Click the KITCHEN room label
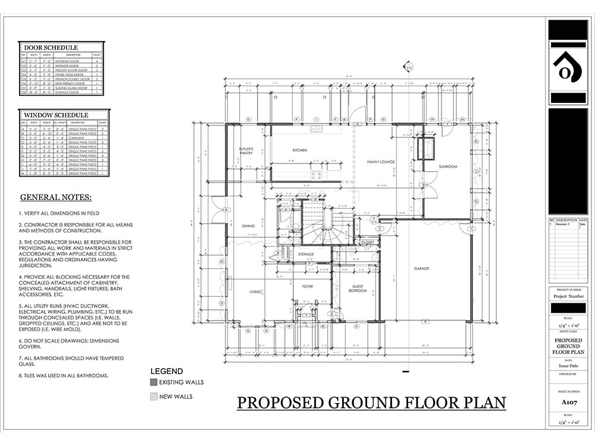(300, 150)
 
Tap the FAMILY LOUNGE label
(381, 162)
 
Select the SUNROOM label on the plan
(448, 167)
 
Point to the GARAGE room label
(422, 268)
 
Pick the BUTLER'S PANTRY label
(246, 150)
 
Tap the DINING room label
(248, 225)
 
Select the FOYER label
(307, 286)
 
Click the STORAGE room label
(306, 254)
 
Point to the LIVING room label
(255, 291)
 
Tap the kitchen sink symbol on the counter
(316, 128)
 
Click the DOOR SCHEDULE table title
(51, 48)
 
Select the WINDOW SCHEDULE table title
(55, 115)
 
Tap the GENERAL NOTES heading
(56, 197)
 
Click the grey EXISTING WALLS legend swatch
(154, 382)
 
